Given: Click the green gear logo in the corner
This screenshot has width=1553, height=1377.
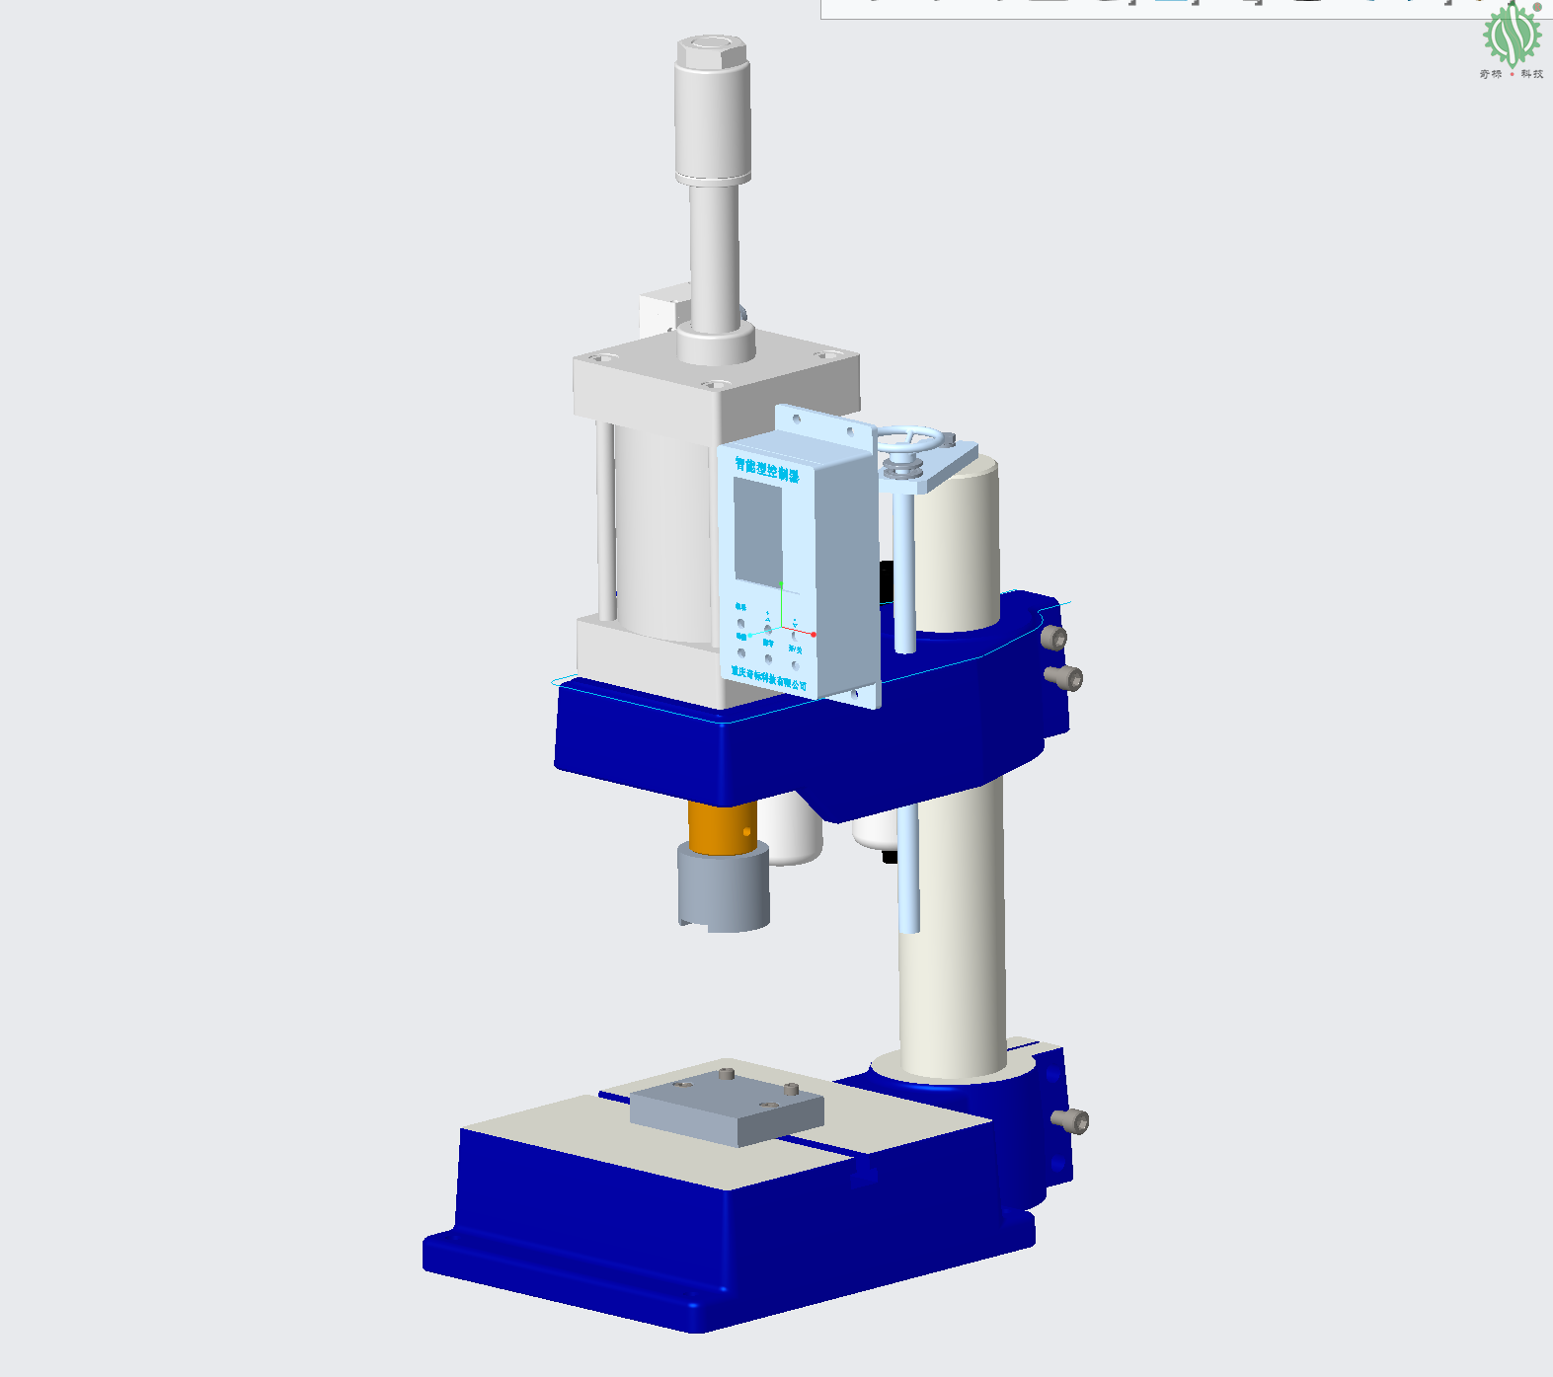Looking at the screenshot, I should click(x=1511, y=36).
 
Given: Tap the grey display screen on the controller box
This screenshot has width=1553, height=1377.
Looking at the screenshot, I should click(x=757, y=531).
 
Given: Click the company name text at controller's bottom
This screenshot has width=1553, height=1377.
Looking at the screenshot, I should click(x=768, y=677).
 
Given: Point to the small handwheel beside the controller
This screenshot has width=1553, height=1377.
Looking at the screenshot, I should click(x=914, y=440).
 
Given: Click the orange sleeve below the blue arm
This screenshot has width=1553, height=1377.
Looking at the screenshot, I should click(x=722, y=826).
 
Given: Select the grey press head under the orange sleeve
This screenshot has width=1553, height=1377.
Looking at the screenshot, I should click(x=723, y=885).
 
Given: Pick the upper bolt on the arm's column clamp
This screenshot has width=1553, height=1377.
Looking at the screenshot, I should click(x=1055, y=638).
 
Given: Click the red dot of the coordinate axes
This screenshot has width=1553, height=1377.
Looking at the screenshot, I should click(x=814, y=634).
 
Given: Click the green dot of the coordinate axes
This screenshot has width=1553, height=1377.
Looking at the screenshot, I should click(x=780, y=584).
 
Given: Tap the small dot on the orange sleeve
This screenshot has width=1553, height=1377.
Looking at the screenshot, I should click(x=746, y=832).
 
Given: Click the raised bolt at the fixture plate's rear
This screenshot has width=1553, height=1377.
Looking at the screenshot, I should click(x=726, y=1073).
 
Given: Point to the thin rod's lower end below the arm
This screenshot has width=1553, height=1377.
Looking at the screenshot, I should click(x=909, y=924).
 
